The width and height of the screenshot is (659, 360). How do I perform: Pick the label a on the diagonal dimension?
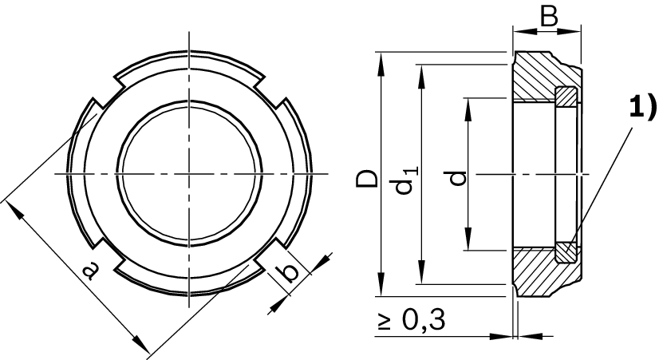coord(89,269)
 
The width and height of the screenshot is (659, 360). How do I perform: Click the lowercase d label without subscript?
coord(457,177)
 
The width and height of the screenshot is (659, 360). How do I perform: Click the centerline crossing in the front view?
coord(189,173)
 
